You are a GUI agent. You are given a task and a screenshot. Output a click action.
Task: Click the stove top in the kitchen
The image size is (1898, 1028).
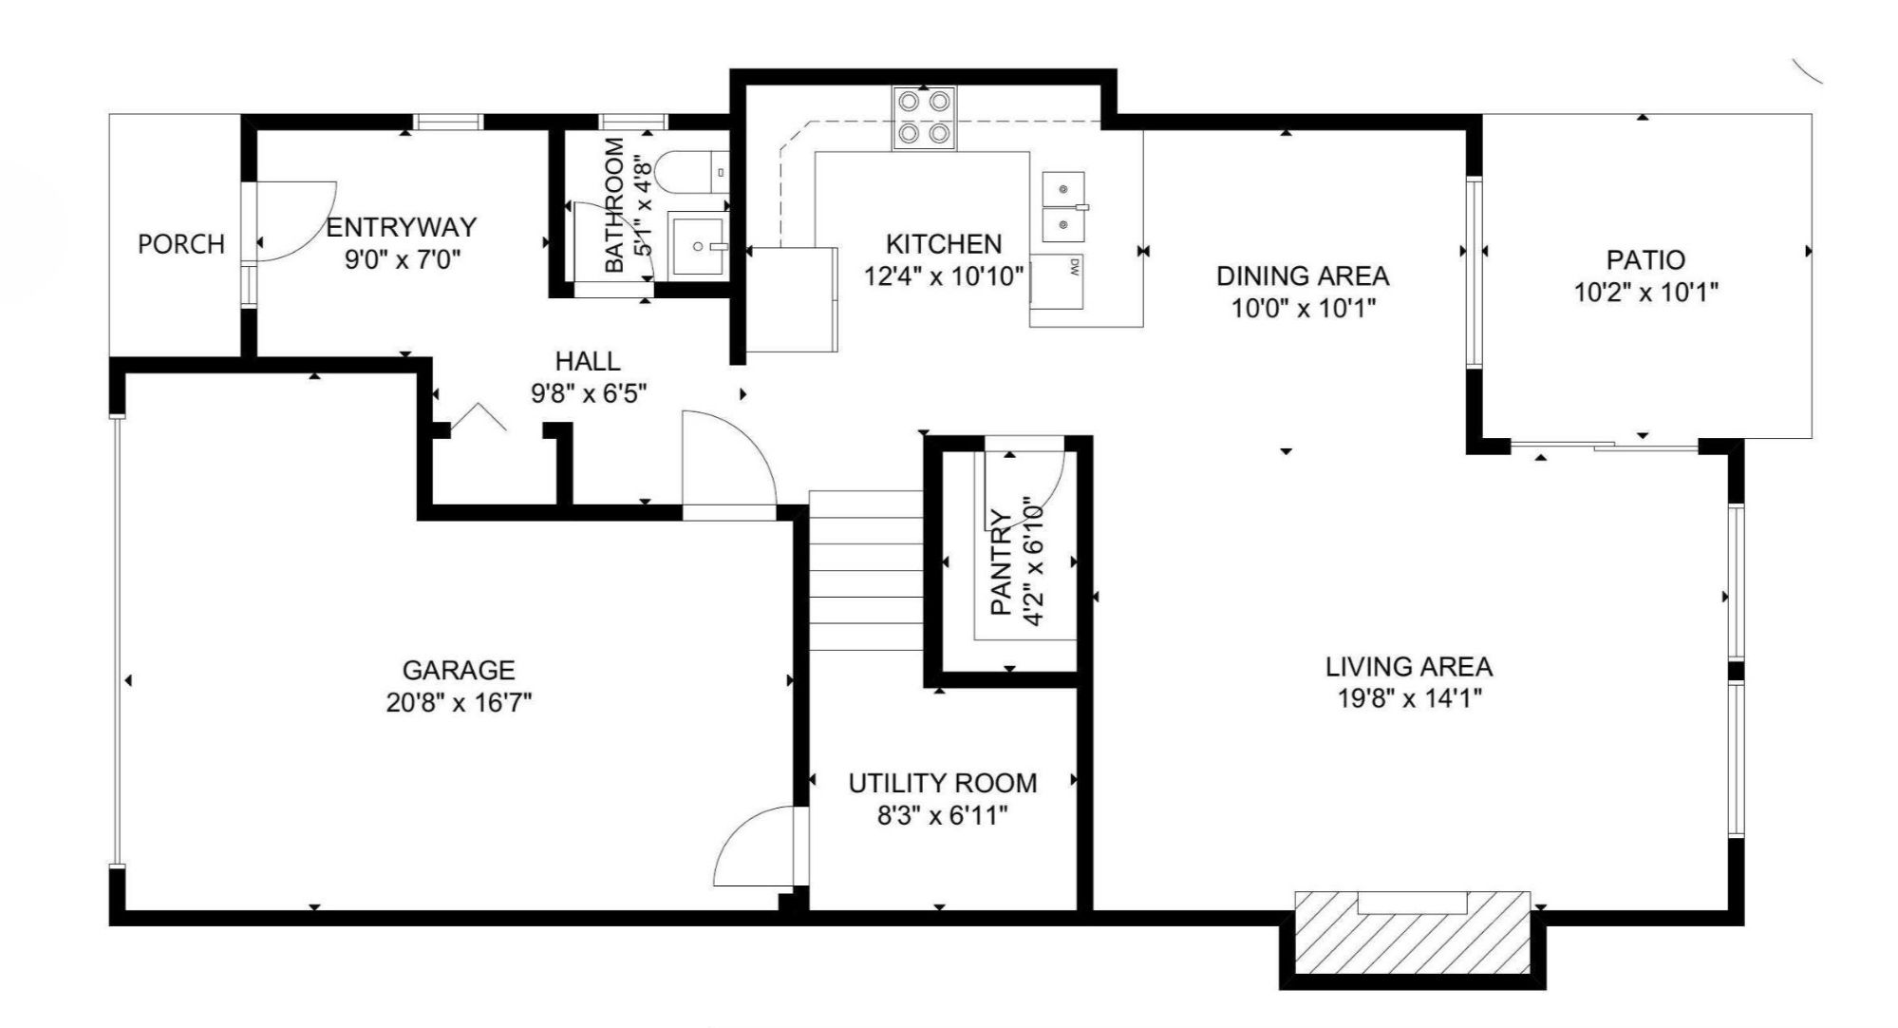(924, 118)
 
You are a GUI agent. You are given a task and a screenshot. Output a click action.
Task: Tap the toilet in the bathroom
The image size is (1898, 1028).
(687, 172)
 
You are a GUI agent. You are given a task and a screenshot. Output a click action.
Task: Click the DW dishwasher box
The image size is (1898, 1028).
(1058, 281)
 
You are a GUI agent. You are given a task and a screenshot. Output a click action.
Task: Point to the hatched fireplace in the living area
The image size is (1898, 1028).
(1413, 933)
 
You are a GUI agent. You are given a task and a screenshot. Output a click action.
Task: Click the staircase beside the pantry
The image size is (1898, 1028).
(865, 570)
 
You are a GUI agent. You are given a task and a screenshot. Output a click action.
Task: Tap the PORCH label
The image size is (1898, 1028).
(181, 244)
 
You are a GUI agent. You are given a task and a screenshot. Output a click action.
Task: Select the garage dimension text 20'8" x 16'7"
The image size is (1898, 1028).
(459, 703)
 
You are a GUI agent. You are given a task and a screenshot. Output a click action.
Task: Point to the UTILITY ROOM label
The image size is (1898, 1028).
(942, 783)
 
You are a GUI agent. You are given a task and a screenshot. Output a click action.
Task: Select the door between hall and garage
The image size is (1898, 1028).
(726, 466)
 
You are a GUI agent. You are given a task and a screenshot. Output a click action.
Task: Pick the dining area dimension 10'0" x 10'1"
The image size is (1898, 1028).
(1303, 309)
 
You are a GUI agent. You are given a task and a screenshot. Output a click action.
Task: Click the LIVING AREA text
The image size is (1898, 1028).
(1409, 666)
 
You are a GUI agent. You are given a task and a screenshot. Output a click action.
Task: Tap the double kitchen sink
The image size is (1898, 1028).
(1063, 208)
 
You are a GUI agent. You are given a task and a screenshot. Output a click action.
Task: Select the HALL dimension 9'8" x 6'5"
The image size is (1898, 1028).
(589, 393)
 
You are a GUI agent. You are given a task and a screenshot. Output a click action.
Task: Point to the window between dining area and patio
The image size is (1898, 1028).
(1474, 272)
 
